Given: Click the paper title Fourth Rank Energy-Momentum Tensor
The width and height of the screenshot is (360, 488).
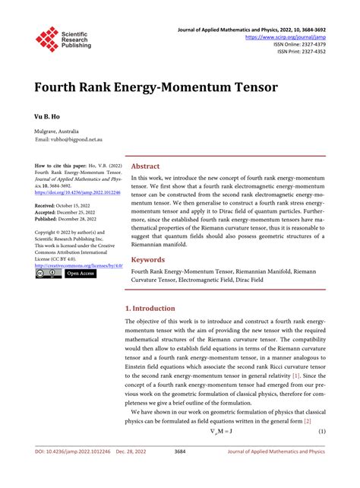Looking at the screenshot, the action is (156, 86).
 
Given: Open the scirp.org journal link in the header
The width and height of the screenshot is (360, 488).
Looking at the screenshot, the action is (286, 36).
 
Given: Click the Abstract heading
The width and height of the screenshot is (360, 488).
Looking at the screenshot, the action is (146, 166).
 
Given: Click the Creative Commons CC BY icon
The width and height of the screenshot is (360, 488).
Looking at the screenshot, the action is (48, 273).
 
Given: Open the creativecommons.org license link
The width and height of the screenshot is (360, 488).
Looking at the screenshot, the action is (79, 265).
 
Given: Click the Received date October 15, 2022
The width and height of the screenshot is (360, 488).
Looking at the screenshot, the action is (67, 206).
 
